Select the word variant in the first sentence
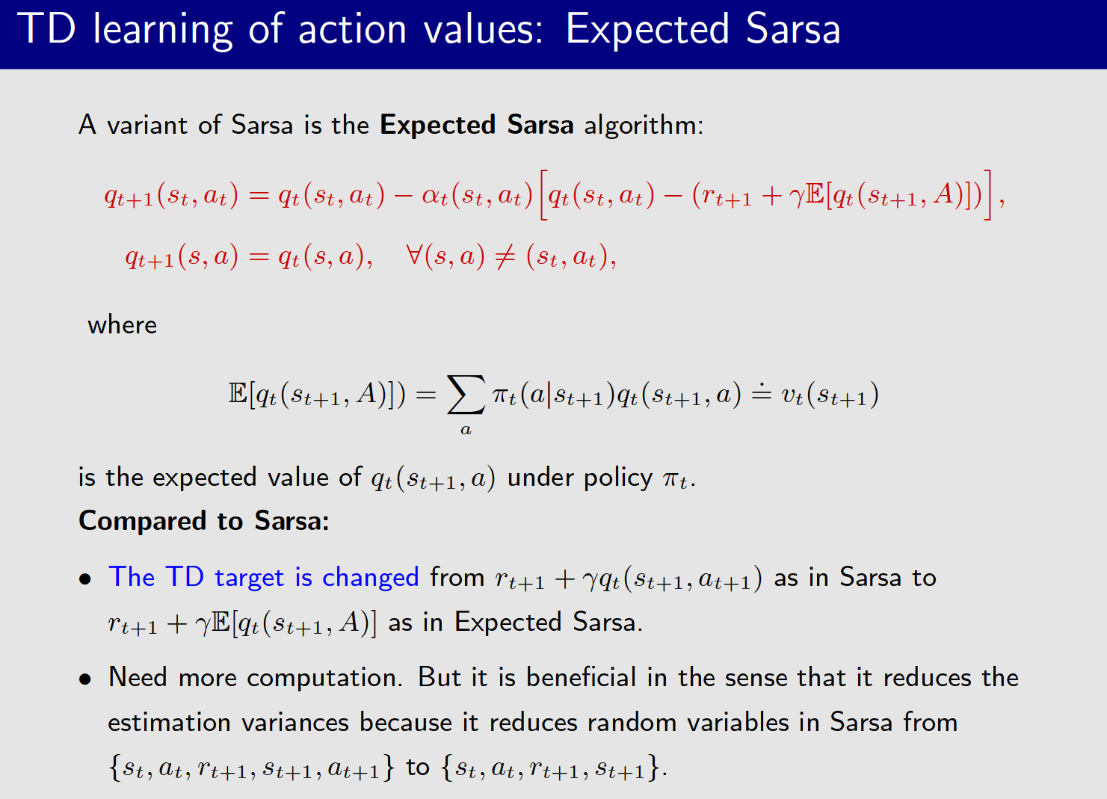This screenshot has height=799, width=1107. point(147,125)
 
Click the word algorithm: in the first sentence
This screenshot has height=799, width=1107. point(644,125)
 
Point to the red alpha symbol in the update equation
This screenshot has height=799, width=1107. point(431,196)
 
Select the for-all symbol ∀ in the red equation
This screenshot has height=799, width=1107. point(414,256)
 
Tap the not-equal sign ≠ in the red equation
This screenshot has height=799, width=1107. point(505,257)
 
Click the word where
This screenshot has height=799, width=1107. point(123,325)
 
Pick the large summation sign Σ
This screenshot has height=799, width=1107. point(465,395)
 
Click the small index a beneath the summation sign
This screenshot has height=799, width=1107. point(466,430)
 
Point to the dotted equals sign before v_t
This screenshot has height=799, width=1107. point(761,393)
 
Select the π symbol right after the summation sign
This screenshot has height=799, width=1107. point(499,395)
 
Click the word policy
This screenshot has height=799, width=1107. point(617,478)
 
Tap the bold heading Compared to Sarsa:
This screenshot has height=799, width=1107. point(204,520)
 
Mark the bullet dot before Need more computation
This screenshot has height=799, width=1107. point(86,679)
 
